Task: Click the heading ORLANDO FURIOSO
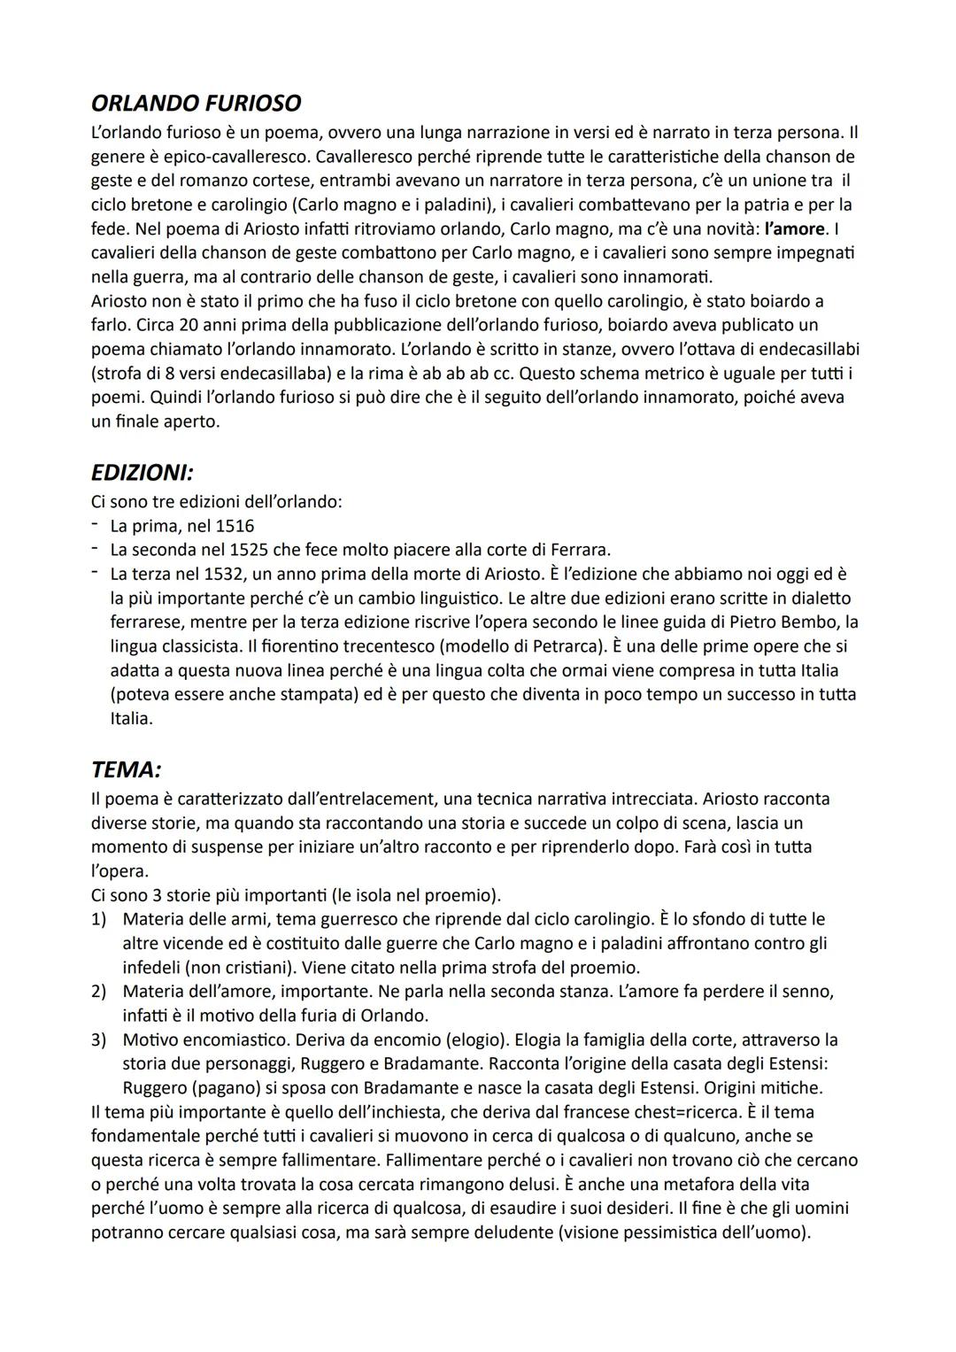[x=196, y=104]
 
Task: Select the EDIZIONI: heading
[x=143, y=473]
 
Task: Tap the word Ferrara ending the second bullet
[x=578, y=550]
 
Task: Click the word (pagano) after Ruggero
[x=190, y=1087]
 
